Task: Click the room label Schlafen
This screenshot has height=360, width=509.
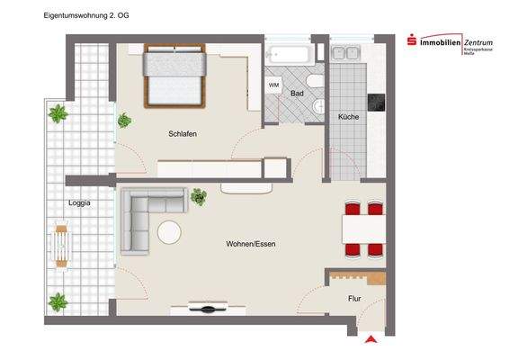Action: coord(182,134)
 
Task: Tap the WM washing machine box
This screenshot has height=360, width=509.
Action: coord(273,85)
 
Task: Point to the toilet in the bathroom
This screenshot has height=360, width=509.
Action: coord(316,107)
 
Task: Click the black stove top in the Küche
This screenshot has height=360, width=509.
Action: coord(378,102)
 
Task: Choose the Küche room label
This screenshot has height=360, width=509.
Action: coord(348,118)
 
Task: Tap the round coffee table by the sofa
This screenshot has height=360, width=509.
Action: coord(169,232)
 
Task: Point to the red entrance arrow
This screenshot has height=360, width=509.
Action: coord(370,338)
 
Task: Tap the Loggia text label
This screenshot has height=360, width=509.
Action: coord(79,203)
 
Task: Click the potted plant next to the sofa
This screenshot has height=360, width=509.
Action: coord(199,196)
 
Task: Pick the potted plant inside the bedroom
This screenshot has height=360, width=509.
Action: coord(124,120)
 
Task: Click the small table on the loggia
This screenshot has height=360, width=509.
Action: coord(60,241)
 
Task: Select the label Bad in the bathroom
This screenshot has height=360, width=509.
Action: coord(296,93)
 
